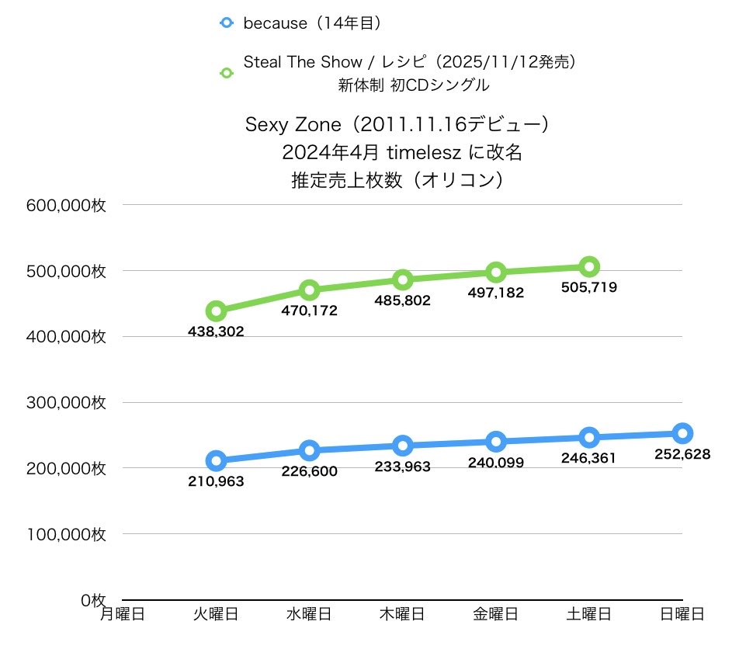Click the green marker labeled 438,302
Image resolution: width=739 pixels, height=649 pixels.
(x=217, y=311)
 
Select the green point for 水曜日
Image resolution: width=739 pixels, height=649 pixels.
(x=310, y=290)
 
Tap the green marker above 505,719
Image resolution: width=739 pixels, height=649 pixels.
(x=589, y=267)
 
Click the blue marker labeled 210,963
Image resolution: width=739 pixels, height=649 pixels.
(x=217, y=461)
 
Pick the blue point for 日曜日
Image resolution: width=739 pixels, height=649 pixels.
(x=682, y=433)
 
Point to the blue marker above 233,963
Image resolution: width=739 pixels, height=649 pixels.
(x=403, y=446)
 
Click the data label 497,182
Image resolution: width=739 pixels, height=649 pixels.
(x=497, y=293)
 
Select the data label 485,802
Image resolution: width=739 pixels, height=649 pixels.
(x=402, y=299)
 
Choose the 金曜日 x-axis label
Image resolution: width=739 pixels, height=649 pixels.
(x=496, y=614)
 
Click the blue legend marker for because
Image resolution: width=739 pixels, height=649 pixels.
(x=227, y=23)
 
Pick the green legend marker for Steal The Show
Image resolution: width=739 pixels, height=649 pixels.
(x=227, y=73)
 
